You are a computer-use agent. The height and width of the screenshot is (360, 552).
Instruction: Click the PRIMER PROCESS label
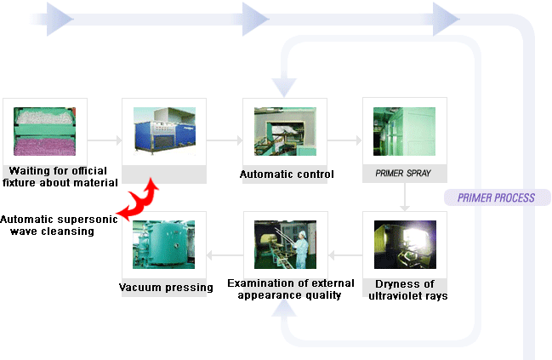coord(496,197)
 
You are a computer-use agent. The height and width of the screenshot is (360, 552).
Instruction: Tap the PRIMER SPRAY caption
coord(404,174)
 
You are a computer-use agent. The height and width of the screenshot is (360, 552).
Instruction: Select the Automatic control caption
coord(286,174)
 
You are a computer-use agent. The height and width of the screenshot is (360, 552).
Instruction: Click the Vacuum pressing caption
coord(166,287)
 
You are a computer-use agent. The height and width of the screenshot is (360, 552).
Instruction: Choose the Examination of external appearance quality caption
coord(284,289)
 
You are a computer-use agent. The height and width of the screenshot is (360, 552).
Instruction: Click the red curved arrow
coord(139,201)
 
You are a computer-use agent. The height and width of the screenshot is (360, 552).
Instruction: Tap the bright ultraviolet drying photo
coord(405,244)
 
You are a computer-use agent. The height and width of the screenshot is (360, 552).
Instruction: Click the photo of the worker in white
coord(285,244)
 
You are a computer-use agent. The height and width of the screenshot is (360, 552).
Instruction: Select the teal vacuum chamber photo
coord(164,244)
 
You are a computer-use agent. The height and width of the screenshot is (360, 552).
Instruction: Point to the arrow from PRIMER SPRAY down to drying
coord(406,199)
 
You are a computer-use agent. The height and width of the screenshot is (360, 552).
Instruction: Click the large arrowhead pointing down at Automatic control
coord(284,86)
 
